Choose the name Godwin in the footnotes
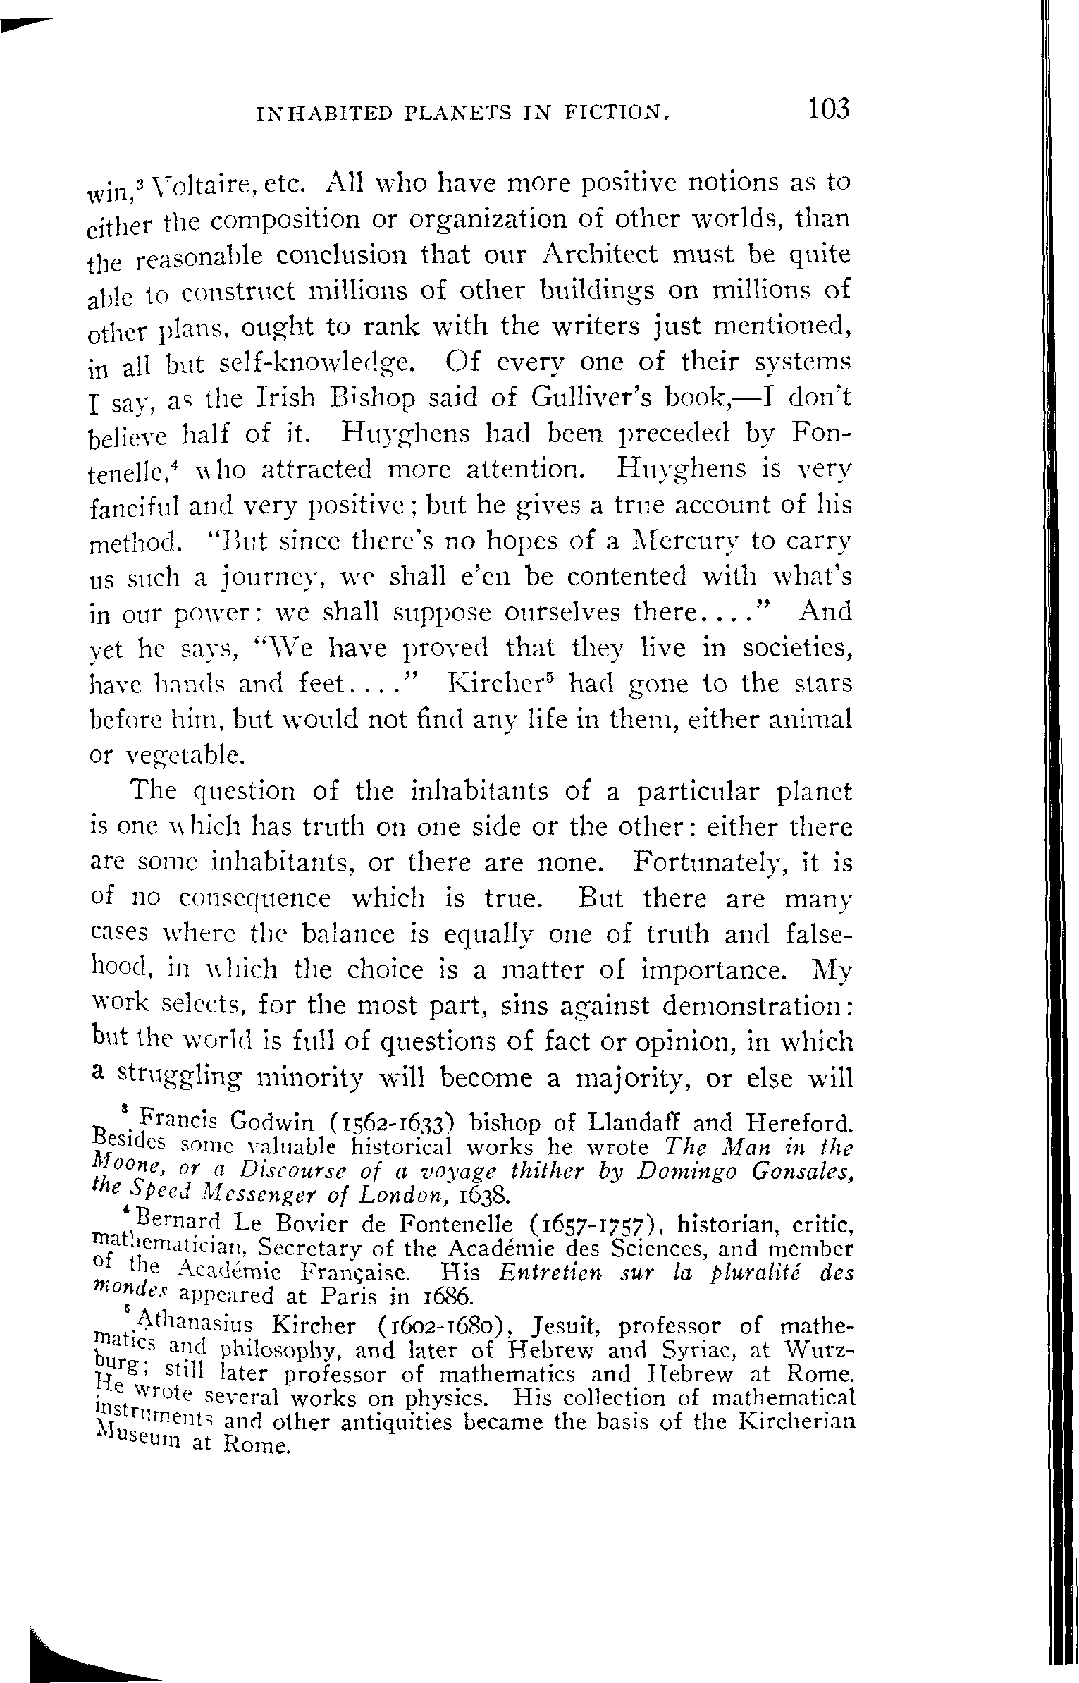point(272,1122)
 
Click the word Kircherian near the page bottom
point(799,1422)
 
